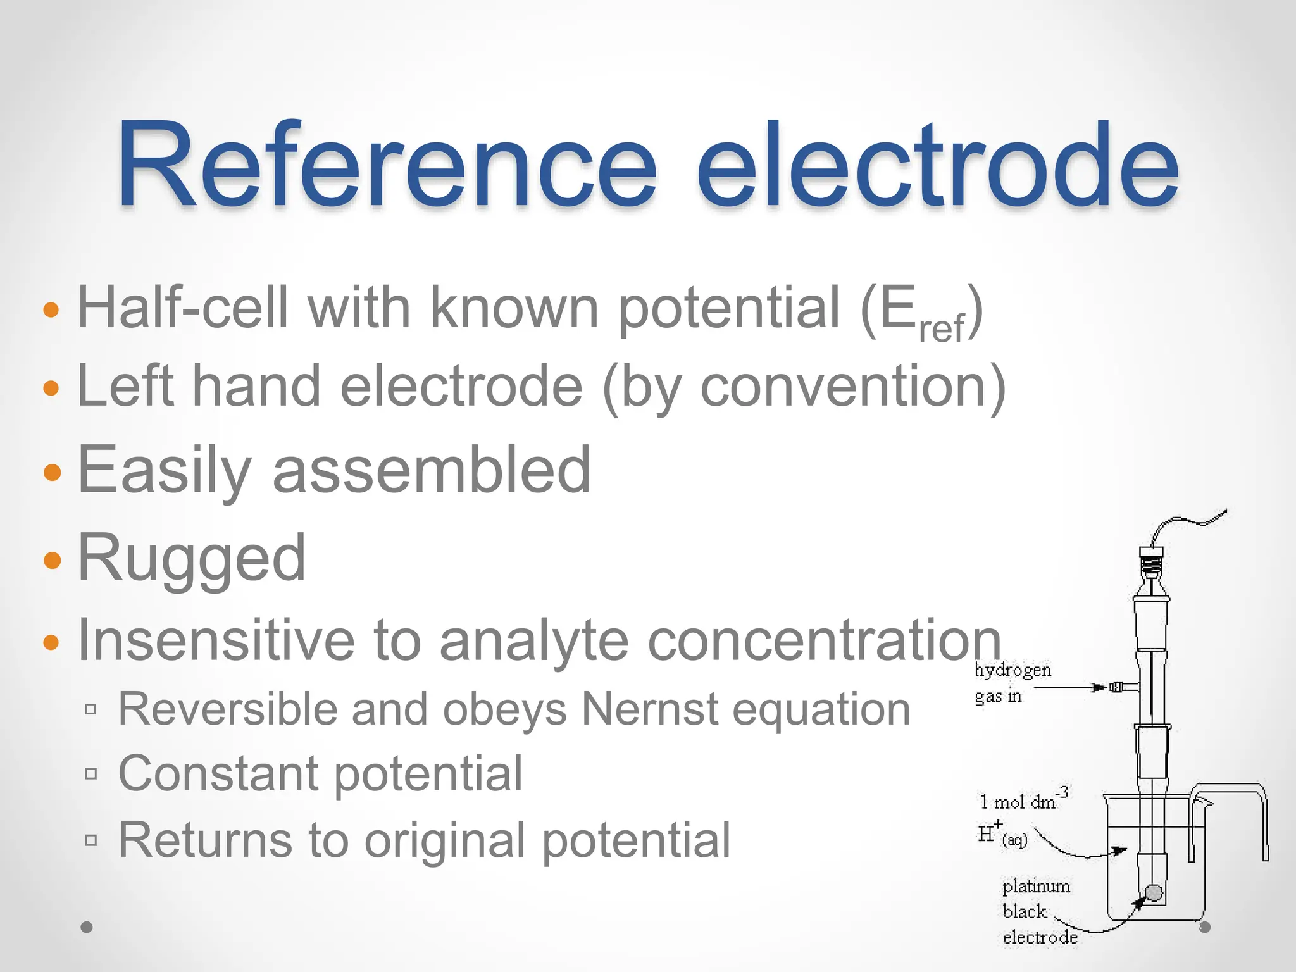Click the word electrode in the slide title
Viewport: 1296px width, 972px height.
tap(937, 166)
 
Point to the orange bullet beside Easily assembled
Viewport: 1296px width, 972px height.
tap(52, 472)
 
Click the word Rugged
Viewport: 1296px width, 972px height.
tap(192, 557)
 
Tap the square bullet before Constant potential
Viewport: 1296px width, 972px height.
tap(91, 773)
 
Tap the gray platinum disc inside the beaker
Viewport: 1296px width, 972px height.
tap(1154, 893)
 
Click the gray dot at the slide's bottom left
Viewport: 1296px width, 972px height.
tap(87, 927)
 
